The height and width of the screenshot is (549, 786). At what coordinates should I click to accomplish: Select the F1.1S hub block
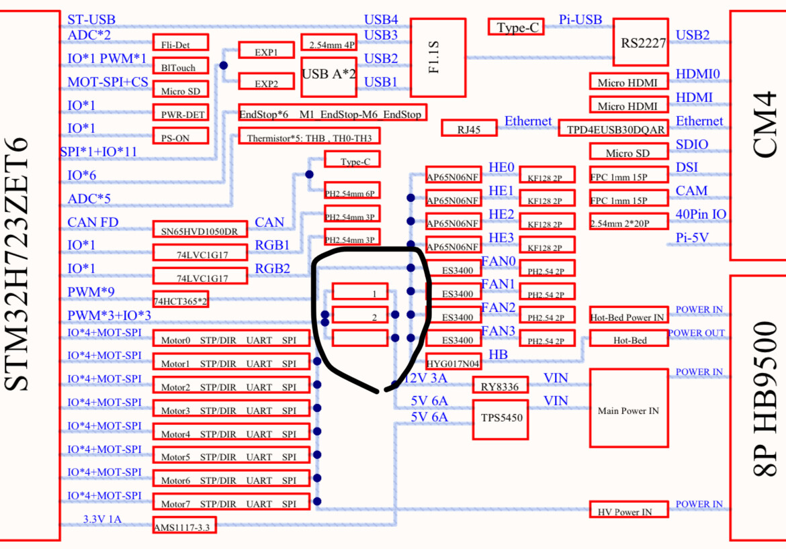coord(437,57)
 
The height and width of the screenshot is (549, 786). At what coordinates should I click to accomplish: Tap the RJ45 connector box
coord(469,128)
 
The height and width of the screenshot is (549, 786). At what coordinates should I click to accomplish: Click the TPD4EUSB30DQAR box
coord(611,128)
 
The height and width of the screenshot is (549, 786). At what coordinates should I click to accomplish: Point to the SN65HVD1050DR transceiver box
coord(199,230)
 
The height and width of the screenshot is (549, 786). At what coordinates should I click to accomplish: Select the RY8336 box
coord(500,385)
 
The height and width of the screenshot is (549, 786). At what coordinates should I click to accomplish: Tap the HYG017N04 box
coord(453,362)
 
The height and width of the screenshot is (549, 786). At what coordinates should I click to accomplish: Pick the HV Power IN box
coord(628,510)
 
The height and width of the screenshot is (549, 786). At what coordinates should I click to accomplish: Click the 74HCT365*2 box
coord(180,300)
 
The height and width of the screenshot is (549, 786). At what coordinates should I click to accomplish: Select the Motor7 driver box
coord(232,502)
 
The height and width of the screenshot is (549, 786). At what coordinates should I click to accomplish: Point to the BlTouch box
coord(180,66)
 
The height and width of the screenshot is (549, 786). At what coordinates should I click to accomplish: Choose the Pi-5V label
coord(692,238)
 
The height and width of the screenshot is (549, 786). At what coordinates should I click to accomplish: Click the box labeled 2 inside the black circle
coord(360,315)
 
